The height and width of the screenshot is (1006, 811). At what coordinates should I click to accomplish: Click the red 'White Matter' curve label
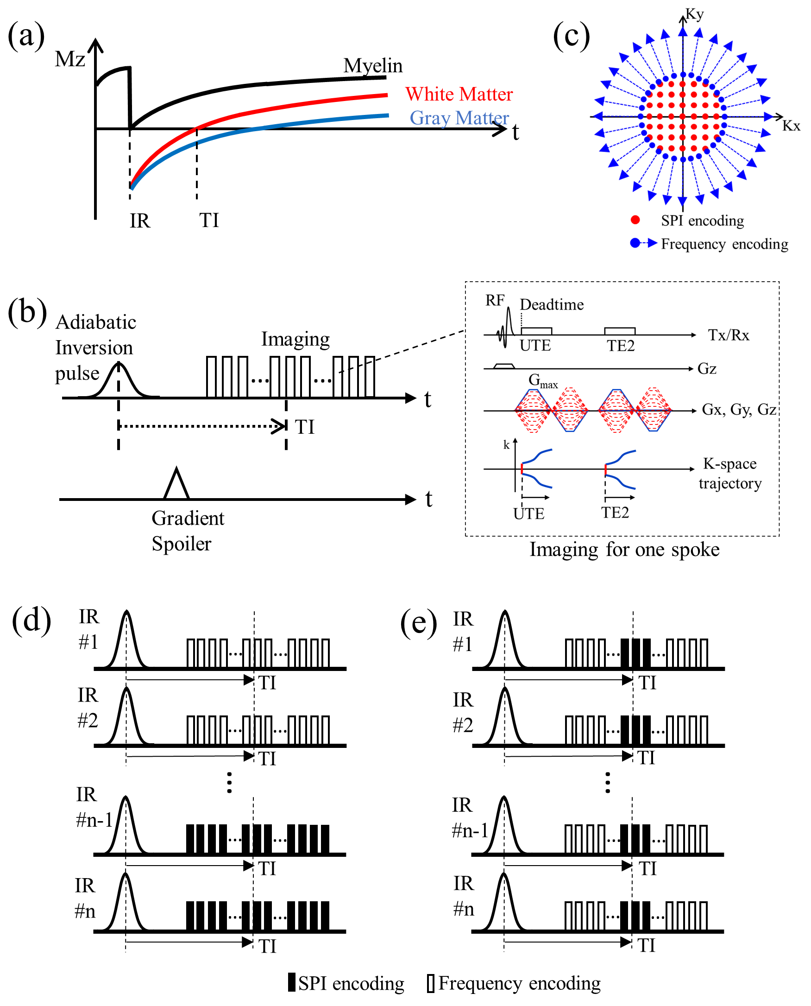tap(458, 95)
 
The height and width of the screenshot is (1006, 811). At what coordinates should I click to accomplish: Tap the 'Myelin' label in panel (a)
tap(372, 66)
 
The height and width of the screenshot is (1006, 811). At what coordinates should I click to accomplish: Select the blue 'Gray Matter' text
tap(459, 118)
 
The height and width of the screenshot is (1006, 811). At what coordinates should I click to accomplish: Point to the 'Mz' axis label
tap(69, 59)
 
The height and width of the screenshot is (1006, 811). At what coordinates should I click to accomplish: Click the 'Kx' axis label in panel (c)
tap(791, 126)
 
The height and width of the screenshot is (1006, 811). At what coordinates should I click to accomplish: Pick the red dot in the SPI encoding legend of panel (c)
tap(635, 220)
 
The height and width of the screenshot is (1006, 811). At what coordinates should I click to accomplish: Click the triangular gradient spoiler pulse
tap(176, 485)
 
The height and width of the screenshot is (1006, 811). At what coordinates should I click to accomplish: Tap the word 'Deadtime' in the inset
tap(551, 304)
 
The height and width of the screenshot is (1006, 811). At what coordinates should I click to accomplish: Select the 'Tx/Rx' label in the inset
tap(728, 335)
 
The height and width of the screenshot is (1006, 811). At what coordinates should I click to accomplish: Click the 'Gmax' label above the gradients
tap(542, 380)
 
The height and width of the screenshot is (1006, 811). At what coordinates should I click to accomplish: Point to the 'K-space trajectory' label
tap(729, 473)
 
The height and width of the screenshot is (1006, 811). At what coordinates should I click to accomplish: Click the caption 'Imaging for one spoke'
tap(624, 550)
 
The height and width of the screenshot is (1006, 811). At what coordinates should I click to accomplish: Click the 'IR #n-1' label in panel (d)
tap(94, 807)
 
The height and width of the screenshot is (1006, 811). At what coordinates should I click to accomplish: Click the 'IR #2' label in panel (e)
tap(463, 713)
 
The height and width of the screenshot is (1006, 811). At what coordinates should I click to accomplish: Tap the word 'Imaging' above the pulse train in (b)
tap(295, 339)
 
